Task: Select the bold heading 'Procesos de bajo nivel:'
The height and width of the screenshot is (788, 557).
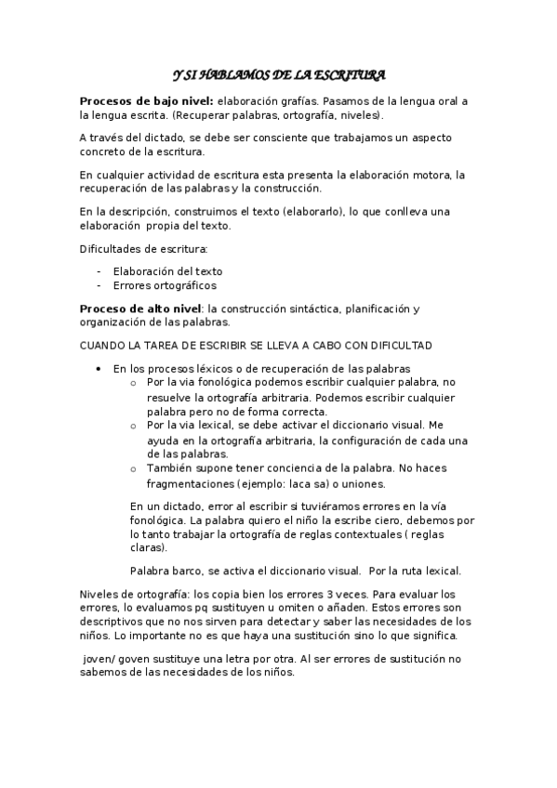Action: click(x=146, y=101)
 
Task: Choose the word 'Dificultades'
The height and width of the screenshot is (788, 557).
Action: click(x=109, y=248)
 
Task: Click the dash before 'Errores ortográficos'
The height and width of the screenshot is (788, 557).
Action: click(x=99, y=285)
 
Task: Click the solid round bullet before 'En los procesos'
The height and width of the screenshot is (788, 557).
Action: click(x=99, y=369)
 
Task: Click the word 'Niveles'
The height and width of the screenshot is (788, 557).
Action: click(x=100, y=595)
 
